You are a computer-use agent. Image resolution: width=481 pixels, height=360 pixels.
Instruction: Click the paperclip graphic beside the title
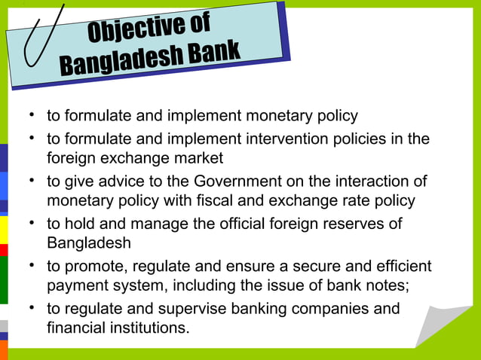pos(41,34)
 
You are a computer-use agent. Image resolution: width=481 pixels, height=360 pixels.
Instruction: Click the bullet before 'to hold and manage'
pos(32,224)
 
